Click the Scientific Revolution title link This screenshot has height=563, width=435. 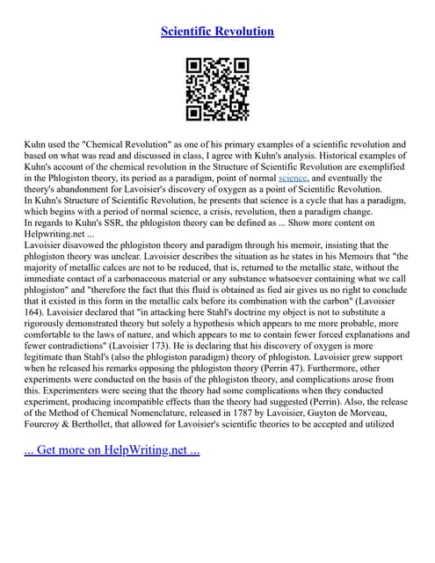tap(217, 32)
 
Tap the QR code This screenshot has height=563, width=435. tap(217, 89)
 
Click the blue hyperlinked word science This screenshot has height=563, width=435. tap(293, 177)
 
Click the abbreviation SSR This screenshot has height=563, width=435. tap(117, 223)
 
